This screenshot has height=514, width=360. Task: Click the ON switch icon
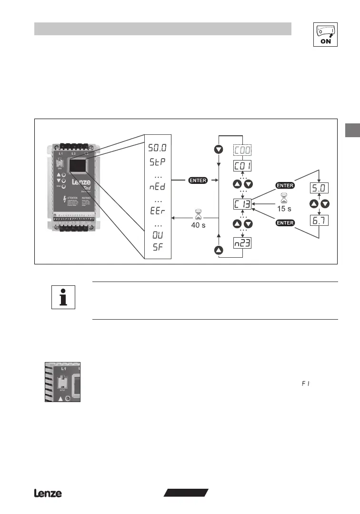click(x=325, y=34)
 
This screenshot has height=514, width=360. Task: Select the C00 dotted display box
click(x=243, y=150)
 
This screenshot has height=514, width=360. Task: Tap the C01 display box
click(x=243, y=166)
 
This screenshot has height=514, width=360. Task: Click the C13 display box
click(x=243, y=204)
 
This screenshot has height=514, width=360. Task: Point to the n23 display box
click(x=243, y=243)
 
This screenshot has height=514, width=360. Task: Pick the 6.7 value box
click(x=319, y=221)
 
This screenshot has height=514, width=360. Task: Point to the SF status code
click(x=157, y=246)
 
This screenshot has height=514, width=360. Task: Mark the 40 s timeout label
click(x=198, y=225)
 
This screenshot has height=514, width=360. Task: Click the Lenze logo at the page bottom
click(x=48, y=494)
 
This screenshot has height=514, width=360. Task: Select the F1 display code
click(x=305, y=383)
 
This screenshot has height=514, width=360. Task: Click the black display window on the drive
click(x=78, y=165)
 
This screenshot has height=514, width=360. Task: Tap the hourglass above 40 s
click(x=199, y=215)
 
